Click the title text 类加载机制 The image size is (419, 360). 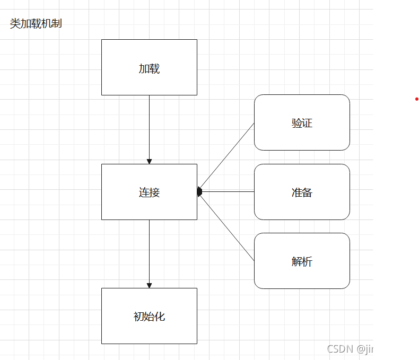point(36,24)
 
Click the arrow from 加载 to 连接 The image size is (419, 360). point(149,127)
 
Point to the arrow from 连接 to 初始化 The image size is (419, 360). point(149,252)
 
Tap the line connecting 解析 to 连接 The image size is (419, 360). point(227,227)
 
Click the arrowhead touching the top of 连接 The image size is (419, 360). point(149,161)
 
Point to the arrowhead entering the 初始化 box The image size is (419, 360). point(149,285)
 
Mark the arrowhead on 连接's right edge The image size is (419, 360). point(199,191)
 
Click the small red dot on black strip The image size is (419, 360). point(417,99)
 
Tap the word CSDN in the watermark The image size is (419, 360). point(340,349)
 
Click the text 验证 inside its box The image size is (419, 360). point(302,123)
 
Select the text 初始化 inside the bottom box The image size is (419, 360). point(149,317)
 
